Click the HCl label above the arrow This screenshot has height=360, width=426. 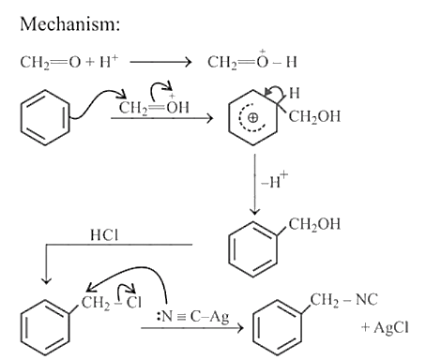pyautogui.click(x=104, y=235)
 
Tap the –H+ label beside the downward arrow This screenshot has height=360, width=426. pyautogui.click(x=275, y=180)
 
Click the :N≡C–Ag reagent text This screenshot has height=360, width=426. pyautogui.click(x=192, y=317)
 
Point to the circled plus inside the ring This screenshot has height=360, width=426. pyautogui.click(x=252, y=118)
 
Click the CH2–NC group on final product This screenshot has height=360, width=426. pyautogui.click(x=343, y=300)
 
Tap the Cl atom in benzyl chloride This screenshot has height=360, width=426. pyautogui.click(x=134, y=302)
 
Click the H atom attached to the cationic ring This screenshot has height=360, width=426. pyautogui.click(x=294, y=93)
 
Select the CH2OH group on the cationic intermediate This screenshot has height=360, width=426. pyautogui.click(x=314, y=117)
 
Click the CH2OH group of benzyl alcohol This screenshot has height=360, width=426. pyautogui.click(x=314, y=224)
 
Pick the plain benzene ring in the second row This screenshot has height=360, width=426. pyautogui.click(x=45, y=117)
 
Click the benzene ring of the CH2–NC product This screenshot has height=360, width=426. pyautogui.click(x=278, y=327)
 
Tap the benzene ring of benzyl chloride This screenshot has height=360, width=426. pyautogui.click(x=45, y=327)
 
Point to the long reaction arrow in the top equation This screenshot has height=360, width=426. pyautogui.click(x=160, y=62)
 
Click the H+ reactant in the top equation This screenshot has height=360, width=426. pyautogui.click(x=109, y=61)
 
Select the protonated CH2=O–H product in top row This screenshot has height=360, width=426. pyautogui.click(x=252, y=60)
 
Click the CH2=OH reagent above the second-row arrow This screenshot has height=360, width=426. pyautogui.click(x=154, y=105)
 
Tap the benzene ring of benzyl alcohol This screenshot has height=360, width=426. pyautogui.click(x=252, y=249)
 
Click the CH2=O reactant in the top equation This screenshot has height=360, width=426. pyautogui.click(x=51, y=62)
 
